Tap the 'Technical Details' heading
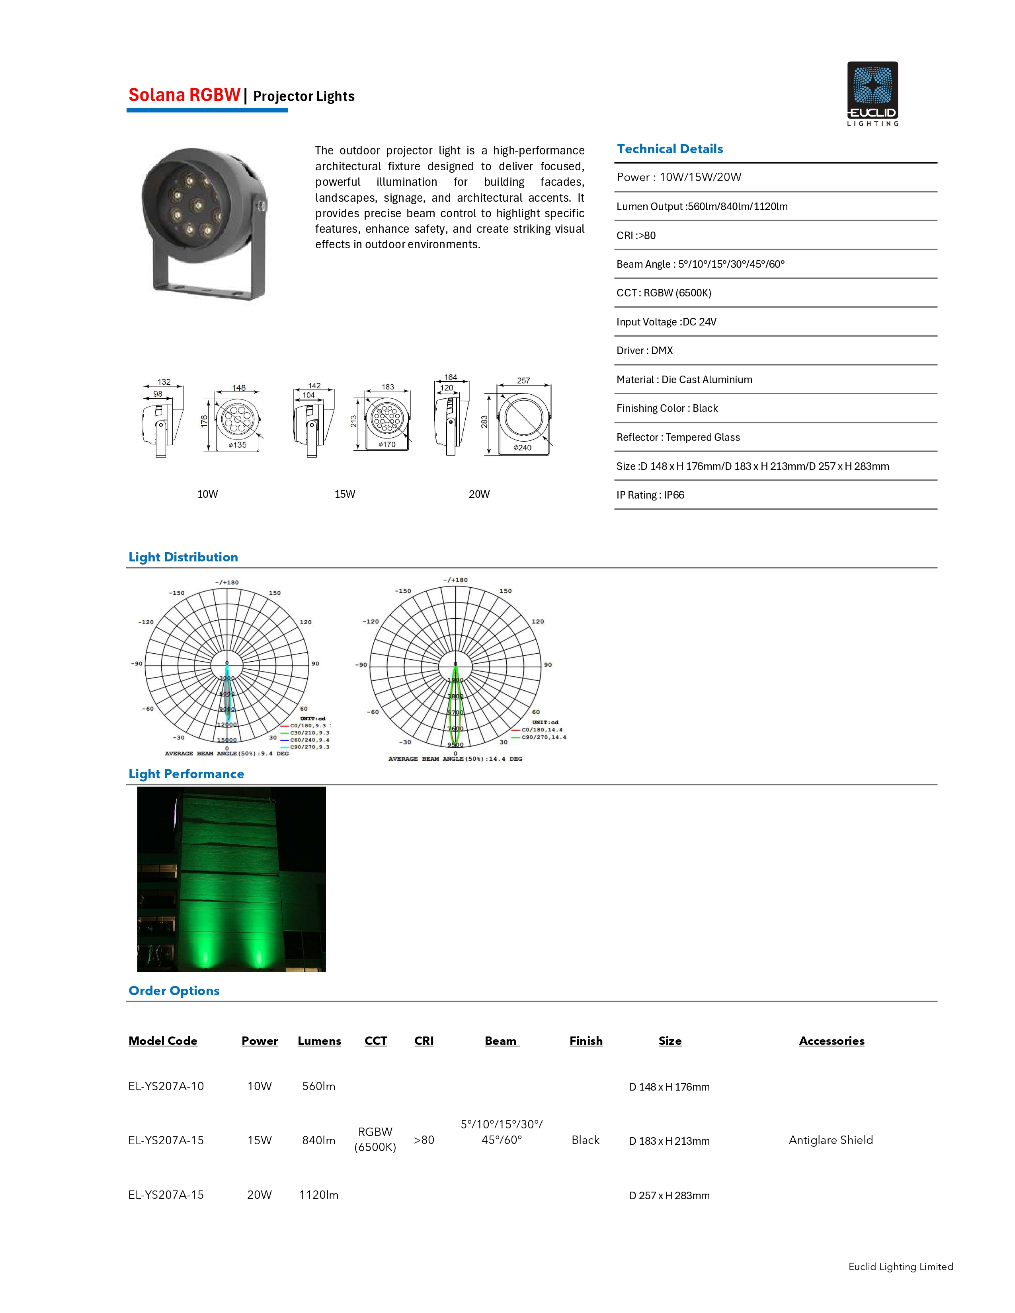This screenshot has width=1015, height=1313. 670,149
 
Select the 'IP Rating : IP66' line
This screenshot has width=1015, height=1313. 650,495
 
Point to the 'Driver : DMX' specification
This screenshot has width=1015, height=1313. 644,351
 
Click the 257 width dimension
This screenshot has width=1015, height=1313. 523,380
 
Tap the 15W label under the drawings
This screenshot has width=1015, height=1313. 345,494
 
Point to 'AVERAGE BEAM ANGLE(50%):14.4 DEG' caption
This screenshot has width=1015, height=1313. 455,759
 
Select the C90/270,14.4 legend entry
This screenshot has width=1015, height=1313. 544,737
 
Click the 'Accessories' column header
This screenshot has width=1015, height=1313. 831,1041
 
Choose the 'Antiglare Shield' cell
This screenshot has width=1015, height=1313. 830,1140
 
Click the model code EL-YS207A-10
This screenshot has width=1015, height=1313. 166,1086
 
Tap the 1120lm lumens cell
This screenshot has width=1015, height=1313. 319,1194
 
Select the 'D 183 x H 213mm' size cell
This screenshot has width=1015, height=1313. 669,1141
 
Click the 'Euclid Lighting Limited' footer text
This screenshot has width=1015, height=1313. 900,1267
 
